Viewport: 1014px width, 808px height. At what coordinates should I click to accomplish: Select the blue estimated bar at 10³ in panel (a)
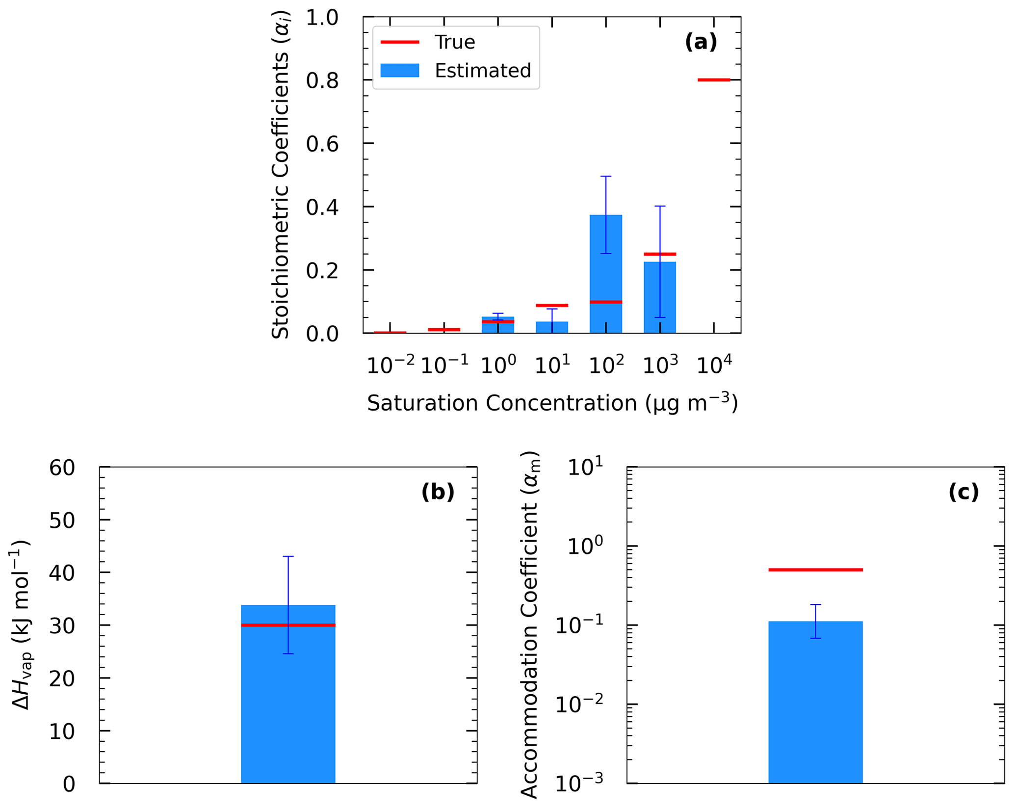tap(659, 299)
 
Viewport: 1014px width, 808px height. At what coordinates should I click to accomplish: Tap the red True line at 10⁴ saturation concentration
tap(713, 79)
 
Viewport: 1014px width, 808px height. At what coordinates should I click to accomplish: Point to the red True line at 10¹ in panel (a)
tap(551, 305)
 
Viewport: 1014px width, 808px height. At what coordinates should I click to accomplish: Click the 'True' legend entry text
tap(454, 42)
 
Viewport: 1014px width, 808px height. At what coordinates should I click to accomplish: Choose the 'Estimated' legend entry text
tap(483, 71)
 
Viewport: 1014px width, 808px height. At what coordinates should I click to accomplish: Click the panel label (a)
tap(701, 42)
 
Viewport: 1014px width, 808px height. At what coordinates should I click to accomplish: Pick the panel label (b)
tap(438, 492)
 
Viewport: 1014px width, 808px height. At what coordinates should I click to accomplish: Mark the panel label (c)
tap(963, 492)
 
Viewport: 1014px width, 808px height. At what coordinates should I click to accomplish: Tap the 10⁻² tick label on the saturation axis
tap(390, 365)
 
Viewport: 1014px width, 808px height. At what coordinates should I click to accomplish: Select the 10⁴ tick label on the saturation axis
tap(714, 365)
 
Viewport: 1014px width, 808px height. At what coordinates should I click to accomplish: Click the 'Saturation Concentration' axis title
tap(552, 403)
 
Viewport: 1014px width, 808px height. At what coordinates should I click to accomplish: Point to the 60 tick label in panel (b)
tap(62, 468)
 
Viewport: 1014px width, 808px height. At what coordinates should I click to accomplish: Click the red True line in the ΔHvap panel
tap(288, 625)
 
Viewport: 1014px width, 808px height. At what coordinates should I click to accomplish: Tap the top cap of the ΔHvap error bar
tap(288, 556)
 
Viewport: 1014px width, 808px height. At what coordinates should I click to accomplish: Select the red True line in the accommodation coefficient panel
tap(815, 570)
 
